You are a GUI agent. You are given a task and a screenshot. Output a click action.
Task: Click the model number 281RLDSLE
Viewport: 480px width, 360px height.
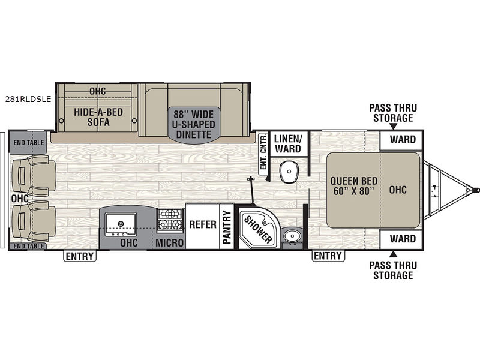pos(28,99)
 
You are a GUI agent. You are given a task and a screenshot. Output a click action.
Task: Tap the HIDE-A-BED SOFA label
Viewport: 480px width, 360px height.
pos(98,117)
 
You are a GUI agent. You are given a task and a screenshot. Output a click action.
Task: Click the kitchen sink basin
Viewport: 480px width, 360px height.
pos(121,224)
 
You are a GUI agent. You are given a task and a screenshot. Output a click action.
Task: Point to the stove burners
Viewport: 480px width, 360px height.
pos(170,220)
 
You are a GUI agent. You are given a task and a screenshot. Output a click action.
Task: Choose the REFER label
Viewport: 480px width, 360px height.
pos(203,224)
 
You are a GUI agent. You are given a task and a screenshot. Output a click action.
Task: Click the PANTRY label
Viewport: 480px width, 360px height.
pos(227,227)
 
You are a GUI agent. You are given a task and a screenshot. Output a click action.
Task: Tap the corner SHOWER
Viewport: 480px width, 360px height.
pos(258,228)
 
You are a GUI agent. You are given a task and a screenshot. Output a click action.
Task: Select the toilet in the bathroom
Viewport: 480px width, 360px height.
pos(289,172)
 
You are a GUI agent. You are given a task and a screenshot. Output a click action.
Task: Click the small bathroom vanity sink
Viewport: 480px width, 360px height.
pos(292,236)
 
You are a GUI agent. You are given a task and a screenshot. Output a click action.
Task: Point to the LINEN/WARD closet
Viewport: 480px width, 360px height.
pos(288,143)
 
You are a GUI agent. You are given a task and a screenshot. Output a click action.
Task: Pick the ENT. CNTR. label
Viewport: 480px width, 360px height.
pos(263,154)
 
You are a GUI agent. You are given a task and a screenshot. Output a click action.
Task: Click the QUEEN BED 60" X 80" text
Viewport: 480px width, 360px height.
pos(353,186)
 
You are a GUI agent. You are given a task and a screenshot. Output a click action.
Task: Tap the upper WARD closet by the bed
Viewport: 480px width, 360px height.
pos(401,140)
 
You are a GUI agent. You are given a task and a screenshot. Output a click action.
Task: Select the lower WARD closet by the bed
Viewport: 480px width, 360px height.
pos(401,239)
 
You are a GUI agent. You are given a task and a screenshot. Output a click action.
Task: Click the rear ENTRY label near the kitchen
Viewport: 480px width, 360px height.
pos(80,256)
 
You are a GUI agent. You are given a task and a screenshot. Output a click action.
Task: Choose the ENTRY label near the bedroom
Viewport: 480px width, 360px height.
pos(328,256)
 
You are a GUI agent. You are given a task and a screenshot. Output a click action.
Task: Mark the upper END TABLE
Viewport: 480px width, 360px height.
pos(28,142)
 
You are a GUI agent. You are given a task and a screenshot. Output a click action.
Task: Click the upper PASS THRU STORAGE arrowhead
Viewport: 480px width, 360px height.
pos(394,127)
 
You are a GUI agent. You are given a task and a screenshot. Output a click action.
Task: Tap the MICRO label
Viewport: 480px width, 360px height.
pos(169,243)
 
